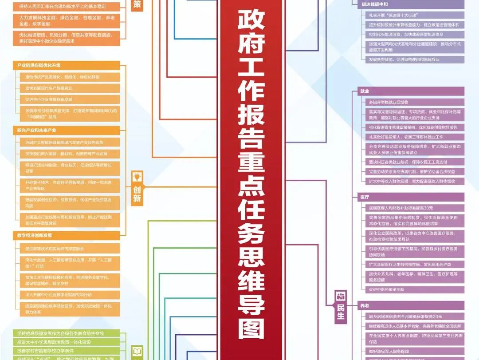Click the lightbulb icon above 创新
pos(137,177)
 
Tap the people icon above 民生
pos(341,296)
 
